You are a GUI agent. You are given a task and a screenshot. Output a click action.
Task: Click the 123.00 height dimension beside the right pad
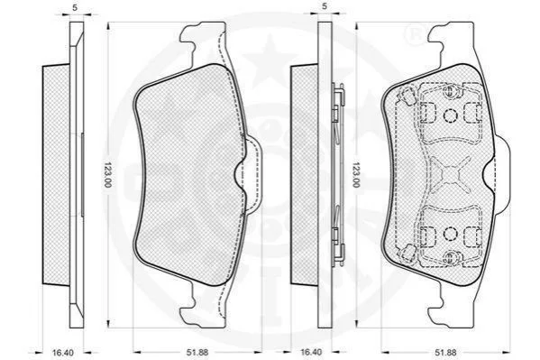pos(355,174)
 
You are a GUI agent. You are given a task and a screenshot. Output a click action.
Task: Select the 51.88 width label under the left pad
pos(197,353)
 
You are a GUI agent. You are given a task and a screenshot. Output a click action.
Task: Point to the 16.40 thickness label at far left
pos(63,353)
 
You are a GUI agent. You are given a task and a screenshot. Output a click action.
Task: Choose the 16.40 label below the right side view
pos(311,353)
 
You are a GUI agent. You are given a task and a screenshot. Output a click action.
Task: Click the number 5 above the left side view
pos(75,7)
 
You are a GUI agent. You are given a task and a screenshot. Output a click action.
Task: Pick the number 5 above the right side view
pos(324,5)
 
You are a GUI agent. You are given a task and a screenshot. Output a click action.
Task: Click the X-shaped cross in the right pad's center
pos(450,173)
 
